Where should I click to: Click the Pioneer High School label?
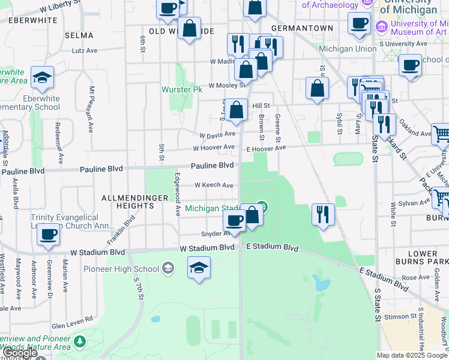121,268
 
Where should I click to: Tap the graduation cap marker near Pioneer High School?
199,268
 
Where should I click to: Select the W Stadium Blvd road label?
207,248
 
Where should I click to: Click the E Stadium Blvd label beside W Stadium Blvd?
272,248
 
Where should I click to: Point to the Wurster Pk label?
181,89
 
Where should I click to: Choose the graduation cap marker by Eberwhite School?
42,77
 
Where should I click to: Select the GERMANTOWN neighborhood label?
302,28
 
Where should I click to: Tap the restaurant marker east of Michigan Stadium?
323,214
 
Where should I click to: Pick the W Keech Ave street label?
214,185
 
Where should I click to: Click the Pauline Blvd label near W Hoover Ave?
212,165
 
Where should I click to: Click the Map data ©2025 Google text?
412,355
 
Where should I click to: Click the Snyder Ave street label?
212,234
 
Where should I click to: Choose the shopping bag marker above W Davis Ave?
238,110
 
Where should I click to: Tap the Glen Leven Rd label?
72,325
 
